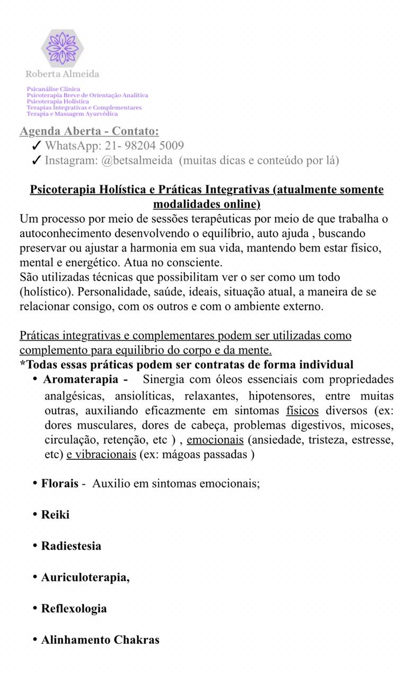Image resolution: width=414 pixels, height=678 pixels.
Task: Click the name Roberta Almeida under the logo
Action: [63, 74]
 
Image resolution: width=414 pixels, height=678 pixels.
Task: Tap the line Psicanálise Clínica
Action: [54, 89]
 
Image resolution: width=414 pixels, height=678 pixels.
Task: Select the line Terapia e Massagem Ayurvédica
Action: [73, 114]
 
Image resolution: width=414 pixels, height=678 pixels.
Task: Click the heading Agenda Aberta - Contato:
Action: [89, 131]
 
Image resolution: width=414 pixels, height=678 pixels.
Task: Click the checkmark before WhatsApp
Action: [37, 146]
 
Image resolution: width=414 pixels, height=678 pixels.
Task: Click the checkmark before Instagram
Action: [37, 160]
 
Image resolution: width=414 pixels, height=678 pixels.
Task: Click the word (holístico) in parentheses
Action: [43, 292]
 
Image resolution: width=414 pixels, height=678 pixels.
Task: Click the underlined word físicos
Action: [302, 411]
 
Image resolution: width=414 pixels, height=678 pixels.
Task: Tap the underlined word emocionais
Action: [215, 440]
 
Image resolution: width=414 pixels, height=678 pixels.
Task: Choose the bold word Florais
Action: [59, 484]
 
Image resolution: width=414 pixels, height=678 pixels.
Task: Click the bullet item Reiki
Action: [55, 515]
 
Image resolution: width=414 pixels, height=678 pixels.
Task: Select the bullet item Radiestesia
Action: [71, 546]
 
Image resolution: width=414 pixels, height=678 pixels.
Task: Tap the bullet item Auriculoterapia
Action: [85, 577]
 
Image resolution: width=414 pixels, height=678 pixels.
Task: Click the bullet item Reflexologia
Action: [74, 609]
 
